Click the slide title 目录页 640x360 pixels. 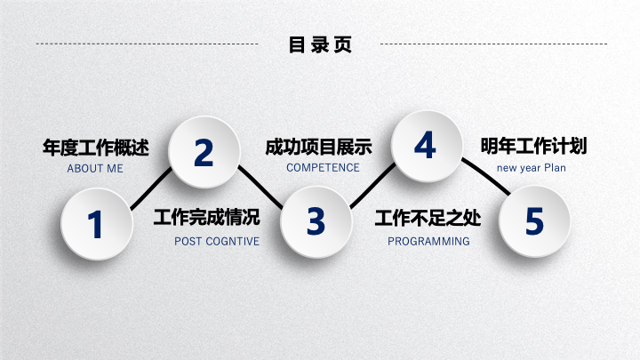320,44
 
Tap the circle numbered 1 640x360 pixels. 97,224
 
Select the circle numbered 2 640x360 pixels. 204,152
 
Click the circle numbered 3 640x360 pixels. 316,221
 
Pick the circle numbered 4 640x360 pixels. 427,146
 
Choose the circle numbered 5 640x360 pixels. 534,221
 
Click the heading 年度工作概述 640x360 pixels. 96,148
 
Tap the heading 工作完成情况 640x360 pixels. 206,217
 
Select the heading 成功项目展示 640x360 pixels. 318,147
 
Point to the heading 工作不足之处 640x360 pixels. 428,218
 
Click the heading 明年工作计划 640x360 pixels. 533,146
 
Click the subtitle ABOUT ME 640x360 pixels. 95,169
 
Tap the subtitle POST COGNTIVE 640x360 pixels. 217,242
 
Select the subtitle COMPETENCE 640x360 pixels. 323,168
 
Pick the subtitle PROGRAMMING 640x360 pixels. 428,242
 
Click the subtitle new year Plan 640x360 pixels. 532,168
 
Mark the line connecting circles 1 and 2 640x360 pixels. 151,188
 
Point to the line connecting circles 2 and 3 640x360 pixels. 260,187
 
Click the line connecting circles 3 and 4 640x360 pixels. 372,186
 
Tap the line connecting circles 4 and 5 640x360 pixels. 485,176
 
